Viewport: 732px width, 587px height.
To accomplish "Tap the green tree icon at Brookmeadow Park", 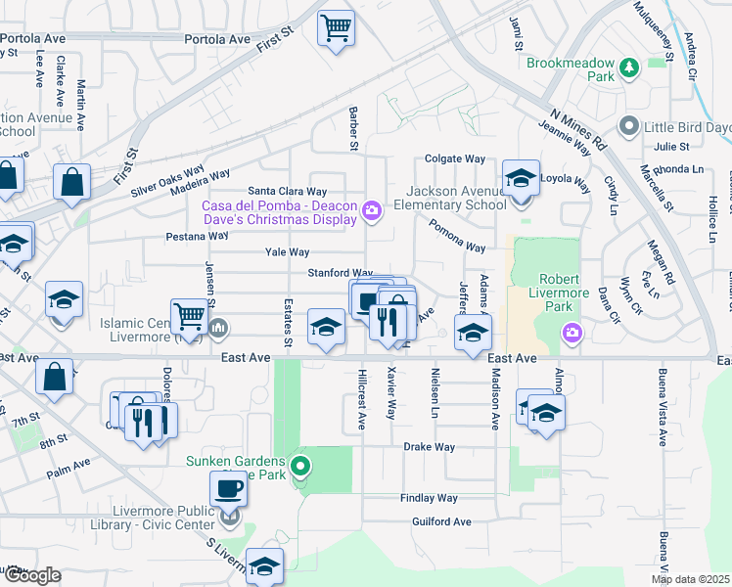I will click(x=627, y=68).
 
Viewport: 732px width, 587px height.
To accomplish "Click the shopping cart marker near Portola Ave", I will click(x=336, y=27).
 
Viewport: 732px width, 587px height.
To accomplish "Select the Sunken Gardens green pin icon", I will click(x=301, y=466).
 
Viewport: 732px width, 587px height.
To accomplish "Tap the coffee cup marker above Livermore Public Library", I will click(x=229, y=487).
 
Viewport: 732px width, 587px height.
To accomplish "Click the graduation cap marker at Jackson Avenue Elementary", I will click(x=521, y=179).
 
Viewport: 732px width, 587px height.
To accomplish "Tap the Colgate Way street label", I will click(x=455, y=158).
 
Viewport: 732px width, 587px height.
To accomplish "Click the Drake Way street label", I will click(x=430, y=447).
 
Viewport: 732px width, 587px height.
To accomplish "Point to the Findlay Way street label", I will click(x=429, y=498).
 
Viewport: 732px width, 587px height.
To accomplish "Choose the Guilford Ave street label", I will click(x=441, y=521).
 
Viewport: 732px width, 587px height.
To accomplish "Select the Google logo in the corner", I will click(x=31, y=575).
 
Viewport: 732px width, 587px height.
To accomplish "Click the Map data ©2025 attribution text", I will click(x=690, y=579).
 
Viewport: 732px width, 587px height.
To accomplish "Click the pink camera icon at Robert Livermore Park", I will click(x=571, y=335).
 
